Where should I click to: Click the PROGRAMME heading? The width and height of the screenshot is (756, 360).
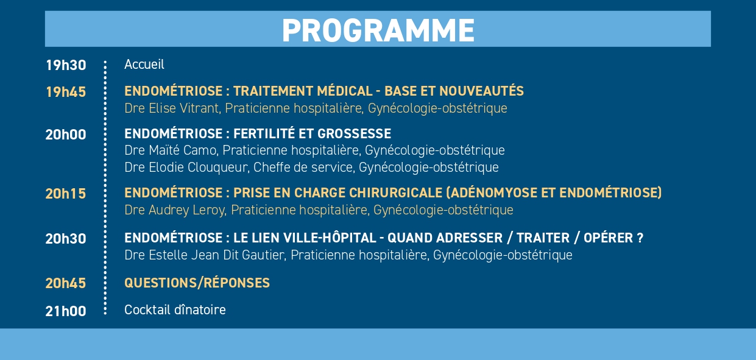pyautogui.click(x=378, y=30)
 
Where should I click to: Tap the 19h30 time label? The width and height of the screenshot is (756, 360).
pyautogui.click(x=66, y=65)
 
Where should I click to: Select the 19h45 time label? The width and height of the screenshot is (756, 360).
pyautogui.click(x=66, y=92)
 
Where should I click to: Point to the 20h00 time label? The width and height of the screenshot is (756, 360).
pyautogui.click(x=66, y=135)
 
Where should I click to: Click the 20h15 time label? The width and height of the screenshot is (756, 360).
pyautogui.click(x=66, y=194)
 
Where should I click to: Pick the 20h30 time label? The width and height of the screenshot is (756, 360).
pyautogui.click(x=66, y=239)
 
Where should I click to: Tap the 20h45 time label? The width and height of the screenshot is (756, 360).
pyautogui.click(x=66, y=283)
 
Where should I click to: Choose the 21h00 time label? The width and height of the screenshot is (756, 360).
pyautogui.click(x=66, y=311)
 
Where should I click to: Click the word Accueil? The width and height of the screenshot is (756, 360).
pyautogui.click(x=144, y=64)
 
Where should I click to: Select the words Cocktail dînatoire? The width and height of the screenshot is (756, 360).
pyautogui.click(x=175, y=309)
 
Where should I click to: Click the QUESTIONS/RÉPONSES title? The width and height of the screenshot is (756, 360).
pyautogui.click(x=197, y=283)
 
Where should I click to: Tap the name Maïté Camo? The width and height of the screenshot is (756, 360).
pyautogui.click(x=182, y=150)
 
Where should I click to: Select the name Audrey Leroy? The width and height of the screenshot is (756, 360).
pyautogui.click(x=186, y=210)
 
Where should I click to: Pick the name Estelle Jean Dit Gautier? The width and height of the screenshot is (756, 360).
pyautogui.click(x=216, y=255)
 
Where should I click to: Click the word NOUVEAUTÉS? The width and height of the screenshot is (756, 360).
pyautogui.click(x=482, y=91)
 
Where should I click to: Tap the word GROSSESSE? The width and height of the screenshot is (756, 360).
pyautogui.click(x=355, y=133)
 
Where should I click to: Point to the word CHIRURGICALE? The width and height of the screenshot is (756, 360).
pyautogui.click(x=396, y=192)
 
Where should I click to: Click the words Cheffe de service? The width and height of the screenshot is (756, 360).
pyautogui.click(x=303, y=168)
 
